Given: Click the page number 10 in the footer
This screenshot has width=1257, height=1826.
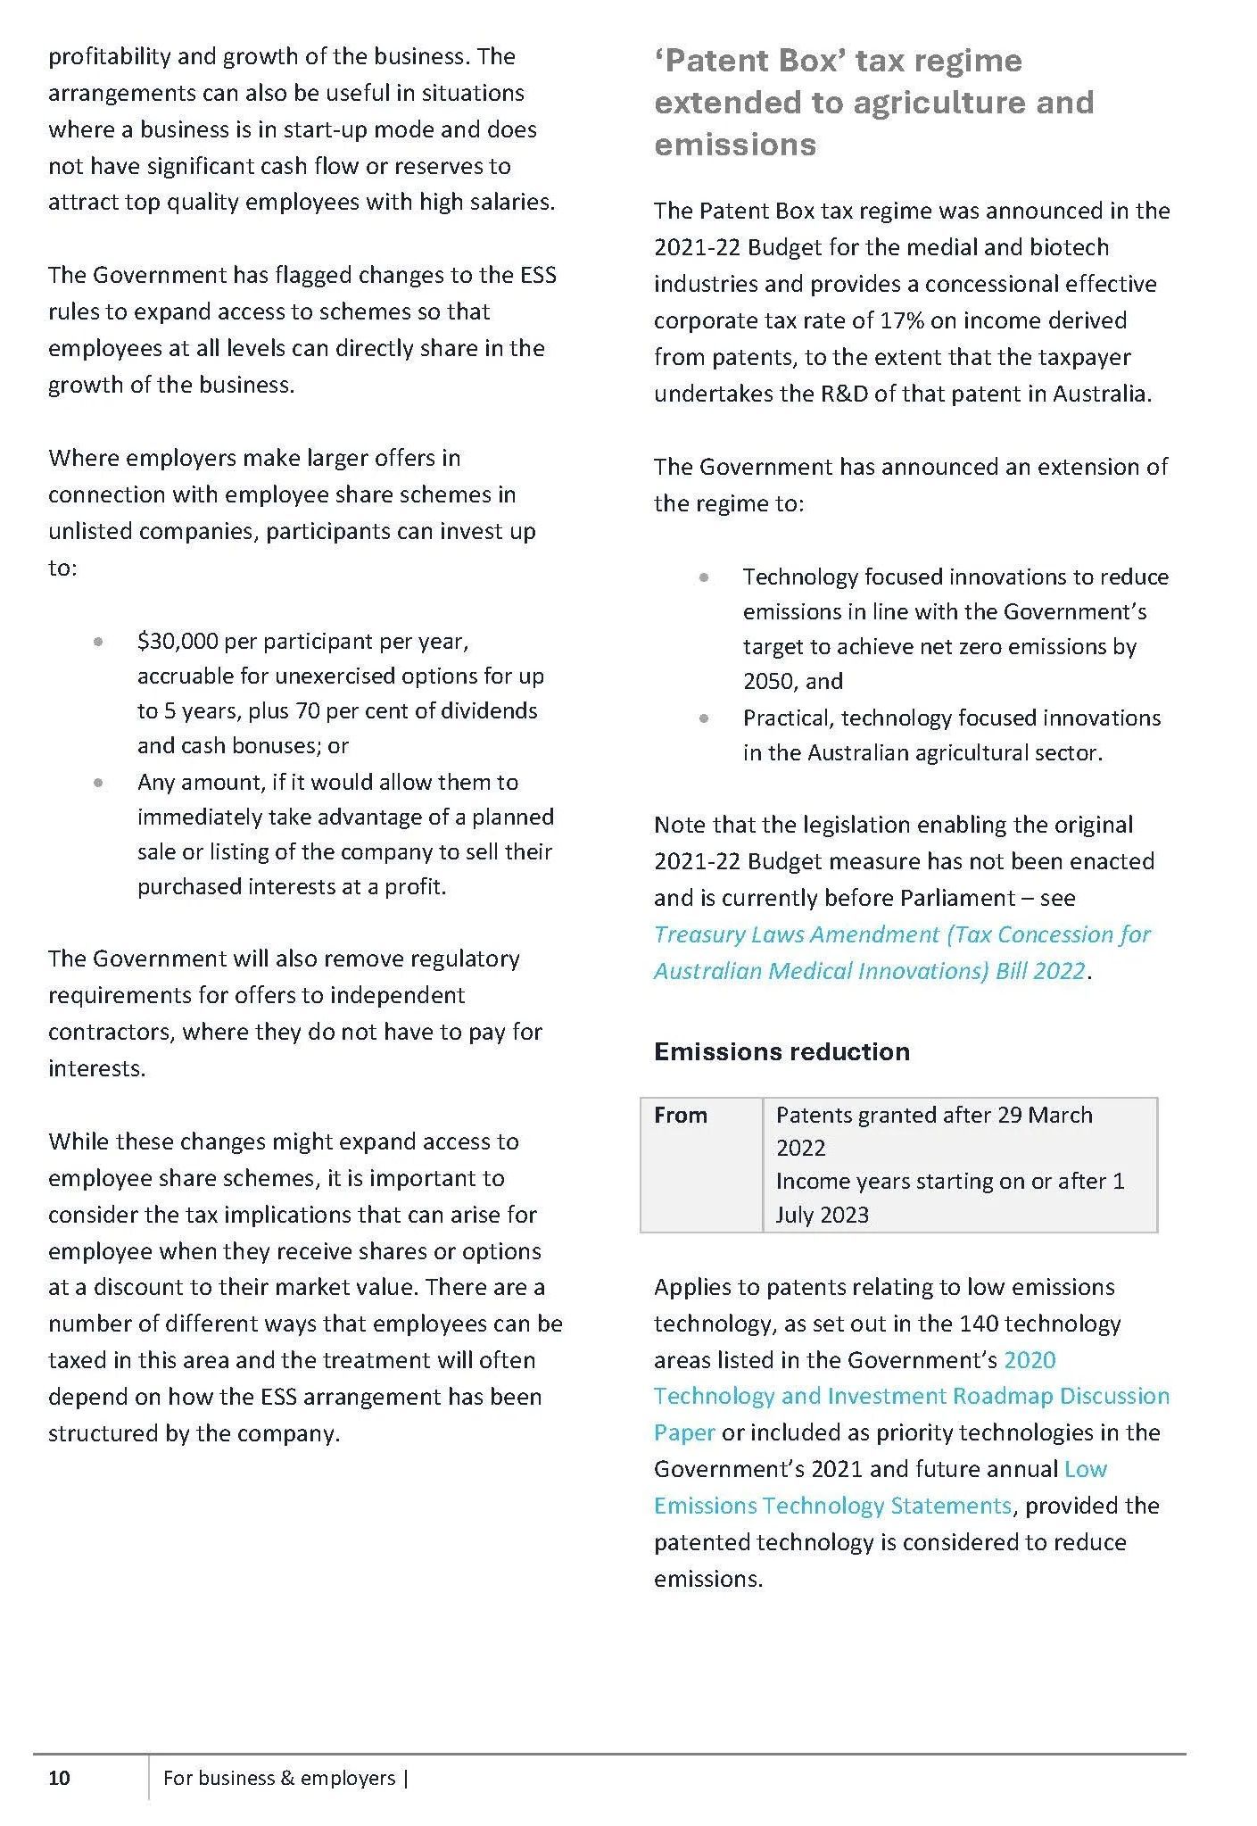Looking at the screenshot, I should pos(59,1778).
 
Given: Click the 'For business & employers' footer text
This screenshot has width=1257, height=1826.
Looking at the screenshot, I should pos(279,1778).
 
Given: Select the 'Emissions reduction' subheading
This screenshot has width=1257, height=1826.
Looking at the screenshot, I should pos(781,1051).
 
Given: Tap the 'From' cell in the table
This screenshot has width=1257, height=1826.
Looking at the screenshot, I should pos(681,1115).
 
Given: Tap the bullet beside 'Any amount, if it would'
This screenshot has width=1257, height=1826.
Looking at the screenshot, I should pos(98,783).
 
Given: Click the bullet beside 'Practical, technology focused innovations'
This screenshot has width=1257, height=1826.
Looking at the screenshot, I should pos(705,718).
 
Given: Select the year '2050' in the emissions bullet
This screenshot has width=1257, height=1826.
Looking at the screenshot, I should pos(767,682).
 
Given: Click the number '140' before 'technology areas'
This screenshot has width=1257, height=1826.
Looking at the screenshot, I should pos(978,1324).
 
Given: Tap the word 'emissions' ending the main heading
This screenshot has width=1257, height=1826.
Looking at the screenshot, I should pos(735,145).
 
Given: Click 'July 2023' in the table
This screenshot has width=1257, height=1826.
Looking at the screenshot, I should pos(822,1215).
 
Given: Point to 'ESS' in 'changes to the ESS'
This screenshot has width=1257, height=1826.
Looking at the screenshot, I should pos(538,275).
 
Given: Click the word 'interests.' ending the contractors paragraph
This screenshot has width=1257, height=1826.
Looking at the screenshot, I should pos(97,1068).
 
